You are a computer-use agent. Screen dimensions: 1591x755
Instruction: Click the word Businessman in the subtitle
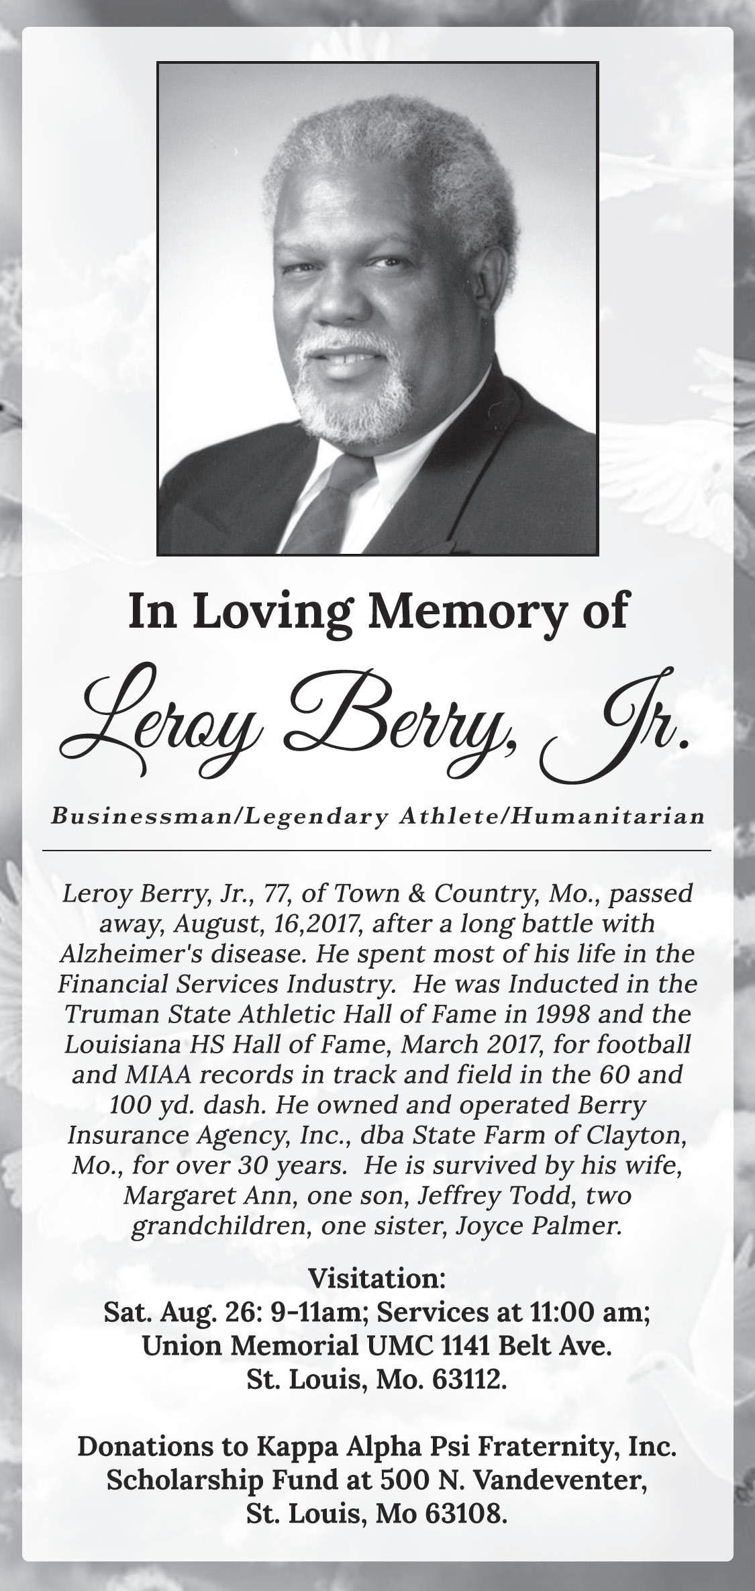click(x=143, y=816)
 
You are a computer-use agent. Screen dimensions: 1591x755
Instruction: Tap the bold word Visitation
click(x=376, y=1279)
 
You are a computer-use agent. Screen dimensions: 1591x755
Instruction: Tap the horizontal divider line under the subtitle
click(x=376, y=851)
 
